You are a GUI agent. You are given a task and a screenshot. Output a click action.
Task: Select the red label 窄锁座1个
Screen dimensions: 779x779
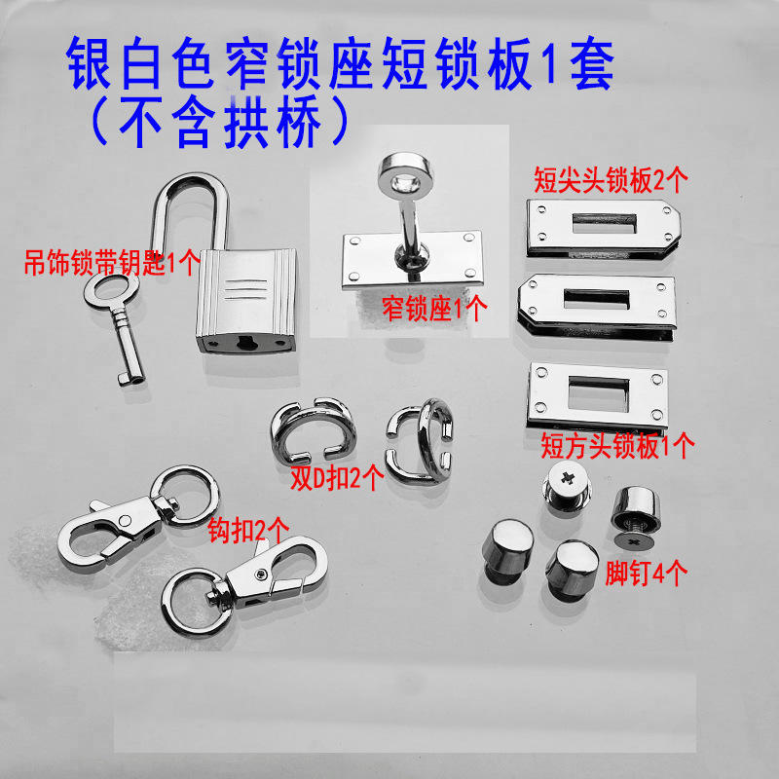(x=435, y=310)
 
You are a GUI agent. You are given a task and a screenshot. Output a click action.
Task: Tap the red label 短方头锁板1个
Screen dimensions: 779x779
(x=616, y=447)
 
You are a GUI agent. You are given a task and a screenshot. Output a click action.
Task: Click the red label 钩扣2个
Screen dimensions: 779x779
(x=248, y=532)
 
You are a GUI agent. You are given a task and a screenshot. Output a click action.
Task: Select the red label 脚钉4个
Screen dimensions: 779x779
(x=647, y=573)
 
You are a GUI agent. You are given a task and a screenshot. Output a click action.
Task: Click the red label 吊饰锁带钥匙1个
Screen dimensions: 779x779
(x=112, y=261)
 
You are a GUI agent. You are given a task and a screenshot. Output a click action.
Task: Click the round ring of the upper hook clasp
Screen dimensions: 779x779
(x=194, y=496)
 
